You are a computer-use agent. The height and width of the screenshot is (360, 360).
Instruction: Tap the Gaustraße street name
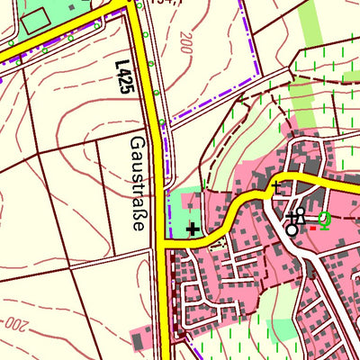[138, 184]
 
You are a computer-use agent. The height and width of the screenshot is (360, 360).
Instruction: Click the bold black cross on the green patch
[192, 229]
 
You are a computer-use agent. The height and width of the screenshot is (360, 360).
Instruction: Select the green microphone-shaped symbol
[322, 219]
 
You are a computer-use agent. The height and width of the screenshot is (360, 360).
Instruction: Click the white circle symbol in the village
[292, 230]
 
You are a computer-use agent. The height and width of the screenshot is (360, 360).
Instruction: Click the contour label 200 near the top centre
[186, 42]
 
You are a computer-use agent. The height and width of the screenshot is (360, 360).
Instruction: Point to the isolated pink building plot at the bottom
[139, 340]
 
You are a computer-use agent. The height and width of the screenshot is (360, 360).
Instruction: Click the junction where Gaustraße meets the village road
[166, 241]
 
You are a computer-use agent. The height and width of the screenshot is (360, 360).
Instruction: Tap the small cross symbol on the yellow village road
[275, 185]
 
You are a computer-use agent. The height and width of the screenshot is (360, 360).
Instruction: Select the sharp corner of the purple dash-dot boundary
[259, 76]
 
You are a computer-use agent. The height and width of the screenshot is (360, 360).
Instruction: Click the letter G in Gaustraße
[138, 143]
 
